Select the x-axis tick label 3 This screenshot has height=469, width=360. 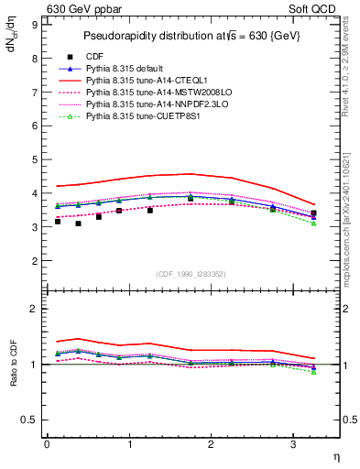(x=293, y=445)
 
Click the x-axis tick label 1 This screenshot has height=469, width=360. (x=129, y=445)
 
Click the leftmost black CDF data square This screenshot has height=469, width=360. (x=58, y=222)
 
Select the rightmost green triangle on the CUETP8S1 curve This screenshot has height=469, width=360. (x=313, y=224)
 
